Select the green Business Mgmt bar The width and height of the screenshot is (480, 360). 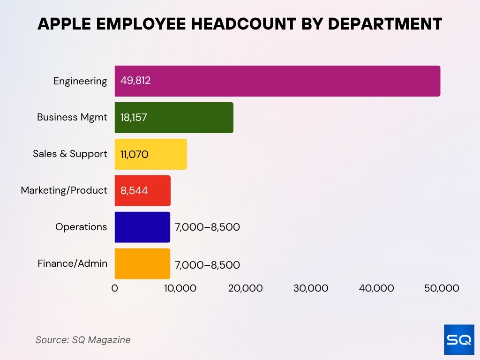coord(174,117)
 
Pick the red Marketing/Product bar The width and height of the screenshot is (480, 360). coord(142,190)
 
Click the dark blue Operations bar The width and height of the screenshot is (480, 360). coord(142,227)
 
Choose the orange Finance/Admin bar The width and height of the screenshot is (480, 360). coord(142,263)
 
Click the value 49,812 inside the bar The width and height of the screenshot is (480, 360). coord(135,81)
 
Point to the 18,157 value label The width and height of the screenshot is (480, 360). coord(134,117)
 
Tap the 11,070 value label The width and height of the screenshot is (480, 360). coord(135,154)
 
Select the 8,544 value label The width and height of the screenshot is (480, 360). coord(134,190)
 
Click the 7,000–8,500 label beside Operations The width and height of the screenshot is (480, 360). coord(207,227)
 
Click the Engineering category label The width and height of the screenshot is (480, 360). coord(80,81)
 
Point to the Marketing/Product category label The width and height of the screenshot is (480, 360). coord(64,190)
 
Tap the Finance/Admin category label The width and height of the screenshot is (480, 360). coord(73,263)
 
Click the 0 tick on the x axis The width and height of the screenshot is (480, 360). coord(115,288)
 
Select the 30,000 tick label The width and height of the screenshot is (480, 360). coord(311,288)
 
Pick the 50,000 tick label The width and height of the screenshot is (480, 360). coord(441,288)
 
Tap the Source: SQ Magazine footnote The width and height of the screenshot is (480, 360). coord(83,340)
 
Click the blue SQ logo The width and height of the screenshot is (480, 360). coord(459,340)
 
